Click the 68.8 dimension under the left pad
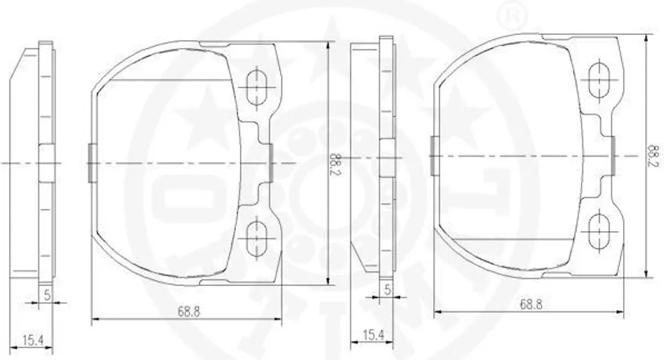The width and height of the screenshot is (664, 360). coord(189,312)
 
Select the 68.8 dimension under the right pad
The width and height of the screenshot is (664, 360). coord(531,304)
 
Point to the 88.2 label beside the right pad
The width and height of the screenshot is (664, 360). coord(654,156)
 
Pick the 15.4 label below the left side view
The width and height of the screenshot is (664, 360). coord(34,340)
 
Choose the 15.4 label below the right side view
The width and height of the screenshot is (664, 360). coord(373,335)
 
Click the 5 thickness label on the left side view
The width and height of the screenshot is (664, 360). coord(47,294)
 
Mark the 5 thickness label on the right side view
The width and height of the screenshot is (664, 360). coord(387,290)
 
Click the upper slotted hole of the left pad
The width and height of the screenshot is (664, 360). coord(257,88)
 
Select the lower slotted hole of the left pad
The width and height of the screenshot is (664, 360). coord(257,238)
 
